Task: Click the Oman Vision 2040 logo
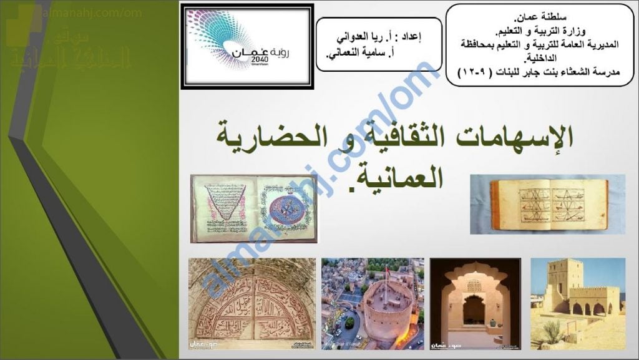point(247,46)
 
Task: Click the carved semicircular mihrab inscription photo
point(252,304)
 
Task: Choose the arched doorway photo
point(475,304)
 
